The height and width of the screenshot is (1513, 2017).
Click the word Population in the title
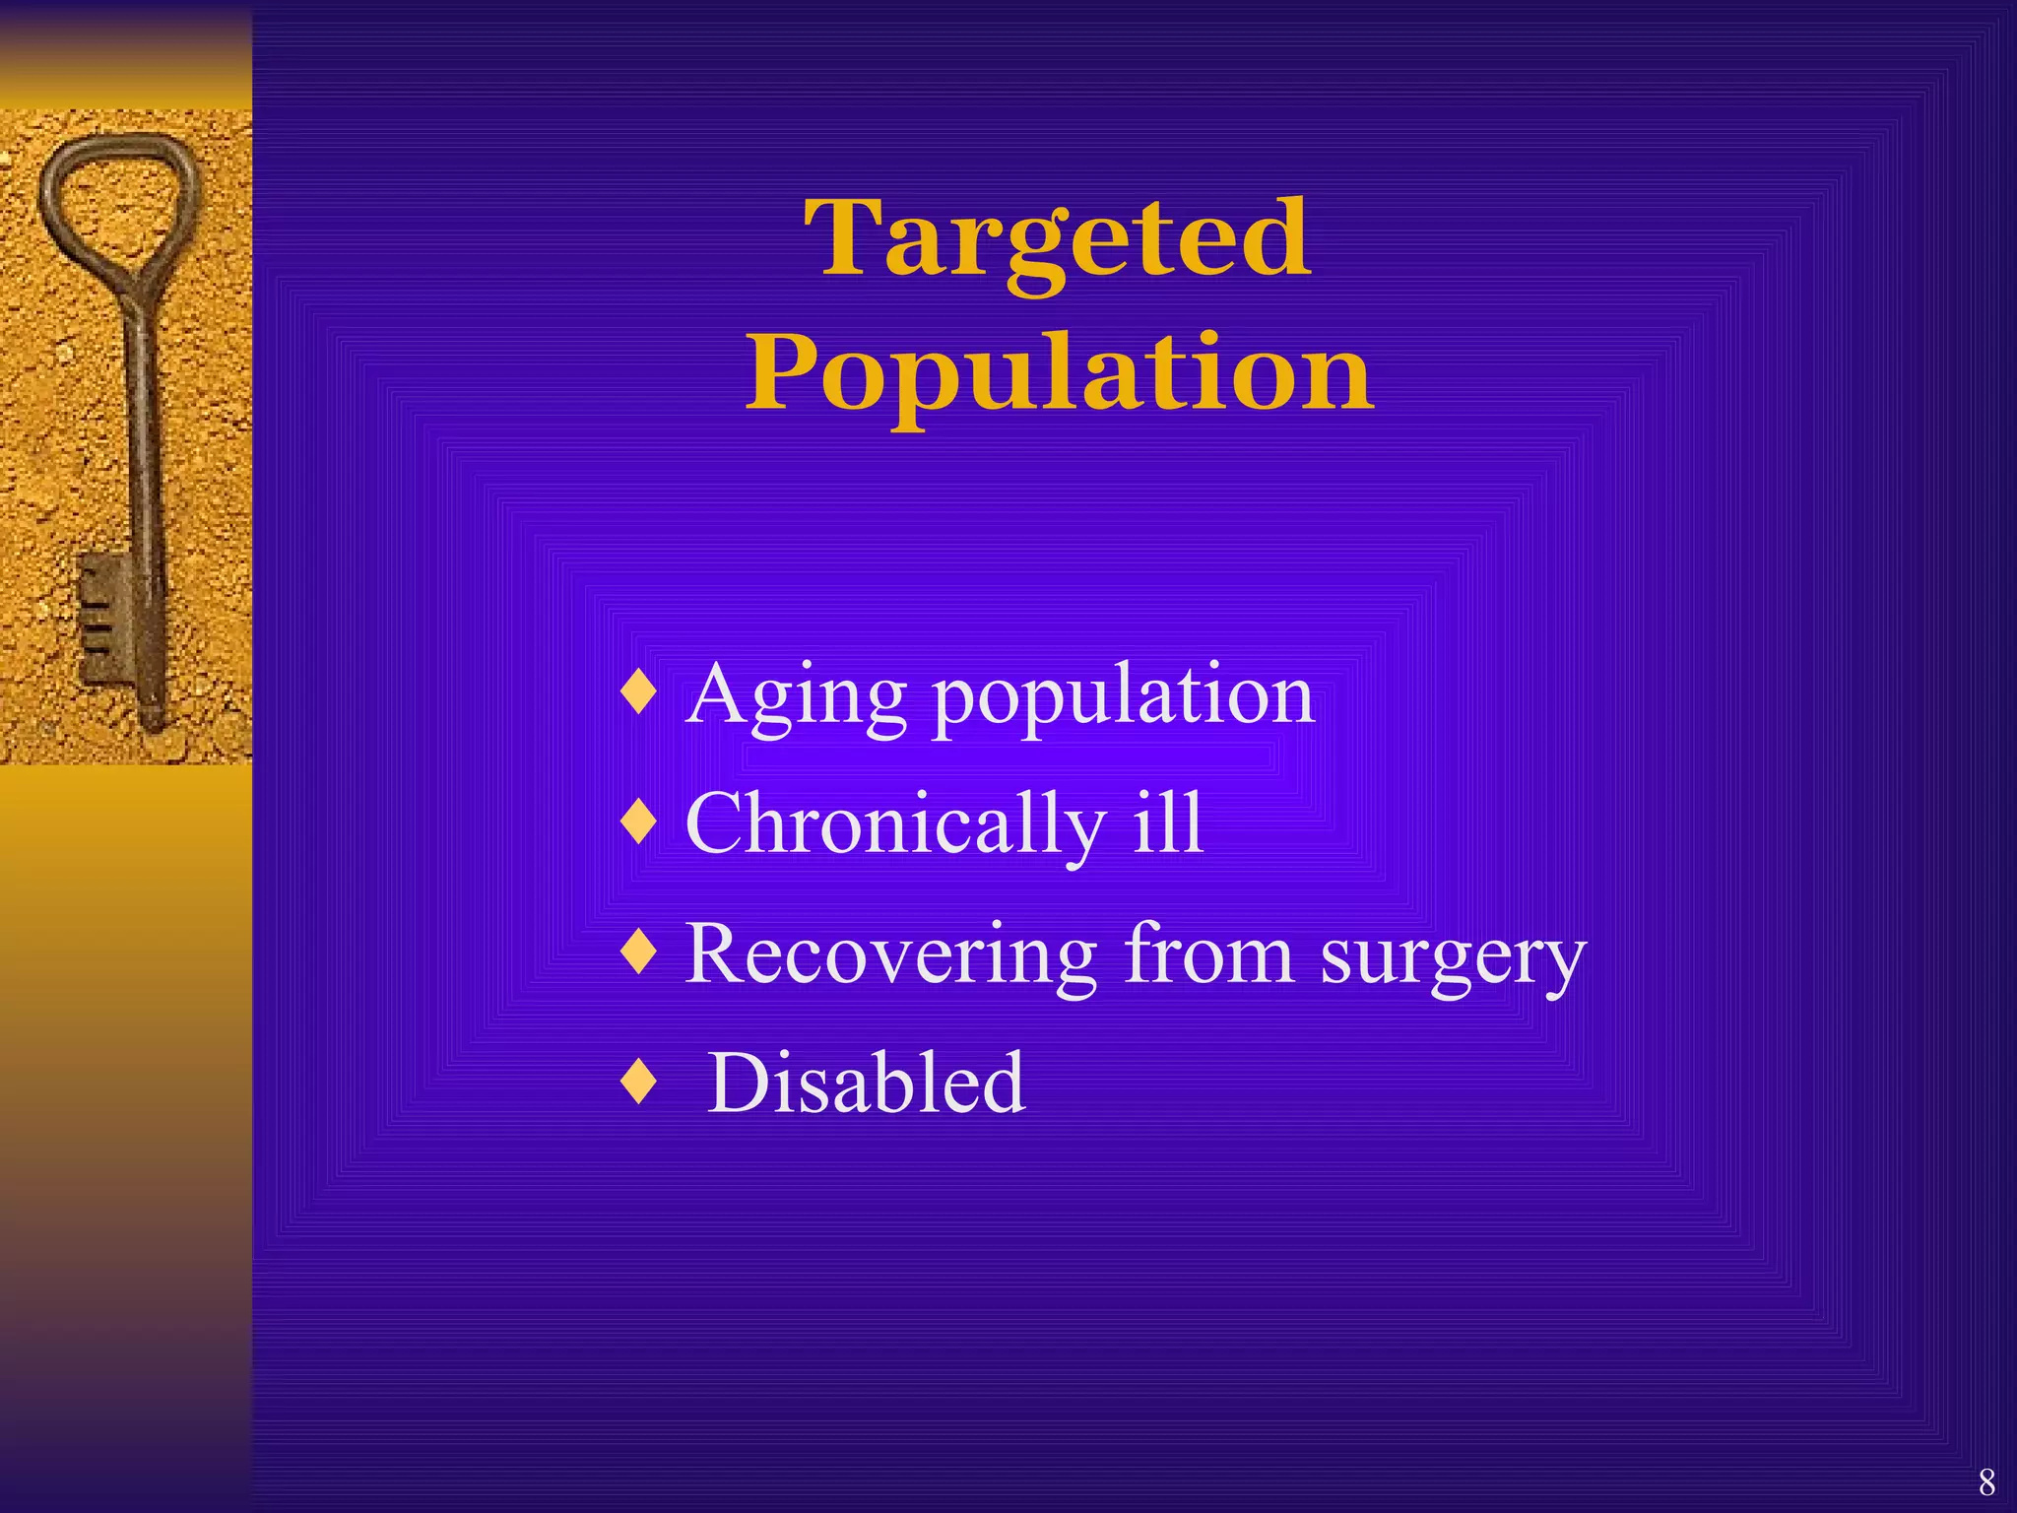(x=1059, y=374)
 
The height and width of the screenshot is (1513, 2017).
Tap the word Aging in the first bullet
(x=795, y=697)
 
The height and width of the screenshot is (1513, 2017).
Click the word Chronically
(x=894, y=825)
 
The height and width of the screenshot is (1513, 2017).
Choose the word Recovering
(x=890, y=955)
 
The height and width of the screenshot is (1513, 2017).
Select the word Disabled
(x=867, y=1083)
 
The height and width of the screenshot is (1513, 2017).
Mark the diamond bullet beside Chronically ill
(x=640, y=822)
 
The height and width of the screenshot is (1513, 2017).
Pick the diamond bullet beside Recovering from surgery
(x=640, y=952)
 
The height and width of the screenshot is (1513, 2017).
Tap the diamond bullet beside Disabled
(x=640, y=1082)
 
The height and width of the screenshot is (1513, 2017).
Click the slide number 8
(x=1986, y=1481)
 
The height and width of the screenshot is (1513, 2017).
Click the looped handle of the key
(x=116, y=197)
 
